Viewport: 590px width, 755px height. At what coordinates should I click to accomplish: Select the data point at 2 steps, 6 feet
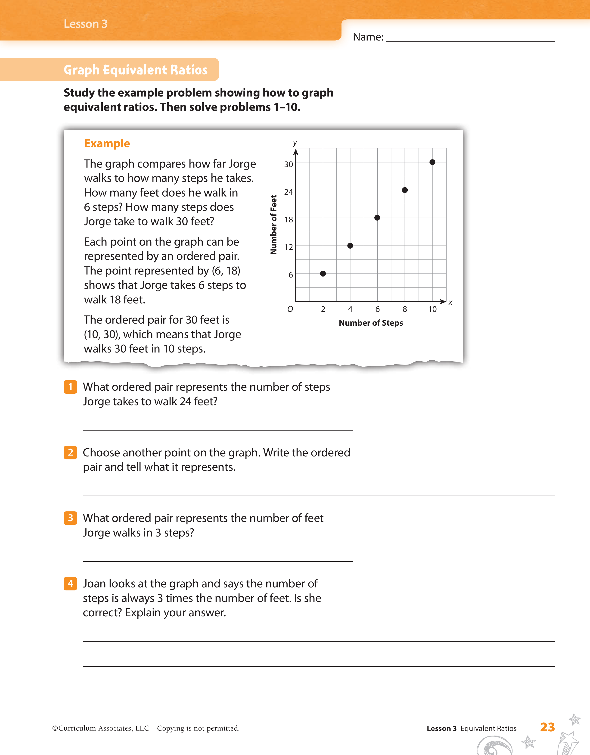click(x=323, y=273)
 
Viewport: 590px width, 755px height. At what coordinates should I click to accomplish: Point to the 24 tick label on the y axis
click(x=288, y=192)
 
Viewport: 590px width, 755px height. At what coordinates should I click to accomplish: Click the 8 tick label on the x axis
click(x=405, y=309)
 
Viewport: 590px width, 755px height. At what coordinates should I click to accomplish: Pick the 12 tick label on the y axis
click(x=288, y=247)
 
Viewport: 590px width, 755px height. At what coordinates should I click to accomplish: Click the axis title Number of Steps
click(x=371, y=323)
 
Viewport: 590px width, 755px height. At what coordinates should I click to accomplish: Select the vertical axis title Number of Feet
click(x=274, y=225)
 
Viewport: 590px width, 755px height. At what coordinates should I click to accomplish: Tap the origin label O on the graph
click(x=290, y=309)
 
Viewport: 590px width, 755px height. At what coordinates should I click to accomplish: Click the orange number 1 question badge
click(x=70, y=387)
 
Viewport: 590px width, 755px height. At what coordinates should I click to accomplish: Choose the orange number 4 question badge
click(x=70, y=583)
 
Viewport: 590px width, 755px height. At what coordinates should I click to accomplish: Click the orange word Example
click(x=107, y=143)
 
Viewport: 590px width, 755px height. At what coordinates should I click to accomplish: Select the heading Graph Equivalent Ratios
click(x=136, y=70)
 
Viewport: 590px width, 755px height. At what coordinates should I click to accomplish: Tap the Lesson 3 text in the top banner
click(x=85, y=24)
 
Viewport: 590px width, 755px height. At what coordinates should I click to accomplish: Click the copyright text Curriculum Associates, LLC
click(x=104, y=728)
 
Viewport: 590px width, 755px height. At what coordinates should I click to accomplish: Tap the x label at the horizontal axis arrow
click(x=450, y=303)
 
